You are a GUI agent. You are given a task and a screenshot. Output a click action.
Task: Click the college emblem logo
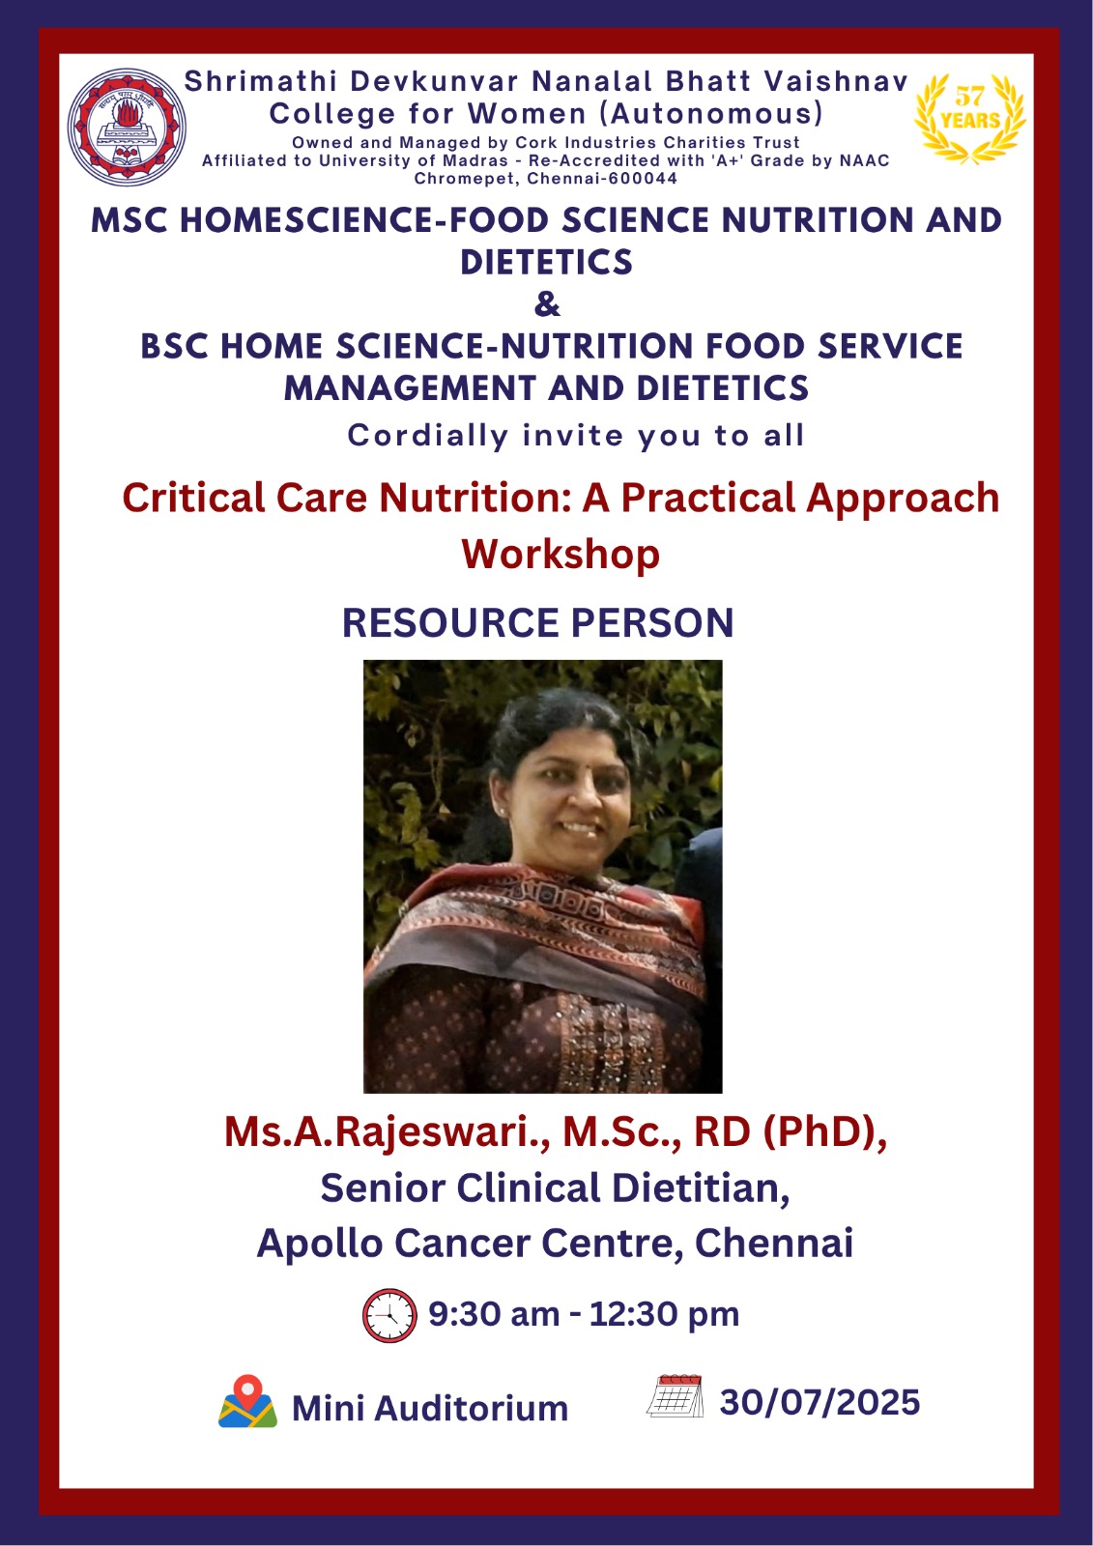(127, 127)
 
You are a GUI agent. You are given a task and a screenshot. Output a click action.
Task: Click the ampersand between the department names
(547, 303)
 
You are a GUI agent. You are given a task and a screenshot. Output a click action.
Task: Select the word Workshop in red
(561, 555)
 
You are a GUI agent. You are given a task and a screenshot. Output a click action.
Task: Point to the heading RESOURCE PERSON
(538, 622)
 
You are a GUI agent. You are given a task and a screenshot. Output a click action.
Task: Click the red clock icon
(389, 1314)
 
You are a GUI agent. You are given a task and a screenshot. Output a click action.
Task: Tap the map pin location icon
(247, 1400)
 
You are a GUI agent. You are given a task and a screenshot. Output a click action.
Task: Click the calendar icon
(675, 1395)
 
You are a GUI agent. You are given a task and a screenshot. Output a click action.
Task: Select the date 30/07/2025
(820, 1401)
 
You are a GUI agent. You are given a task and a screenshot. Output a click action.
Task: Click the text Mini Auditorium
(430, 1408)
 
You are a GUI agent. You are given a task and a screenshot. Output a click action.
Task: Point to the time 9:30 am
(494, 1313)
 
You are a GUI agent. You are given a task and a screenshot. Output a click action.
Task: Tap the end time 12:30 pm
(664, 1313)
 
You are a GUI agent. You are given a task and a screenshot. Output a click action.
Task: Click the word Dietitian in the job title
(700, 1188)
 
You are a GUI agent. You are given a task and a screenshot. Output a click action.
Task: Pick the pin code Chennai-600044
(601, 179)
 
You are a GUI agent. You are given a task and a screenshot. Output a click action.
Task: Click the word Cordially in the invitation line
(428, 436)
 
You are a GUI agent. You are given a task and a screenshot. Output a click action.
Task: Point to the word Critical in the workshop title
(193, 497)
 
